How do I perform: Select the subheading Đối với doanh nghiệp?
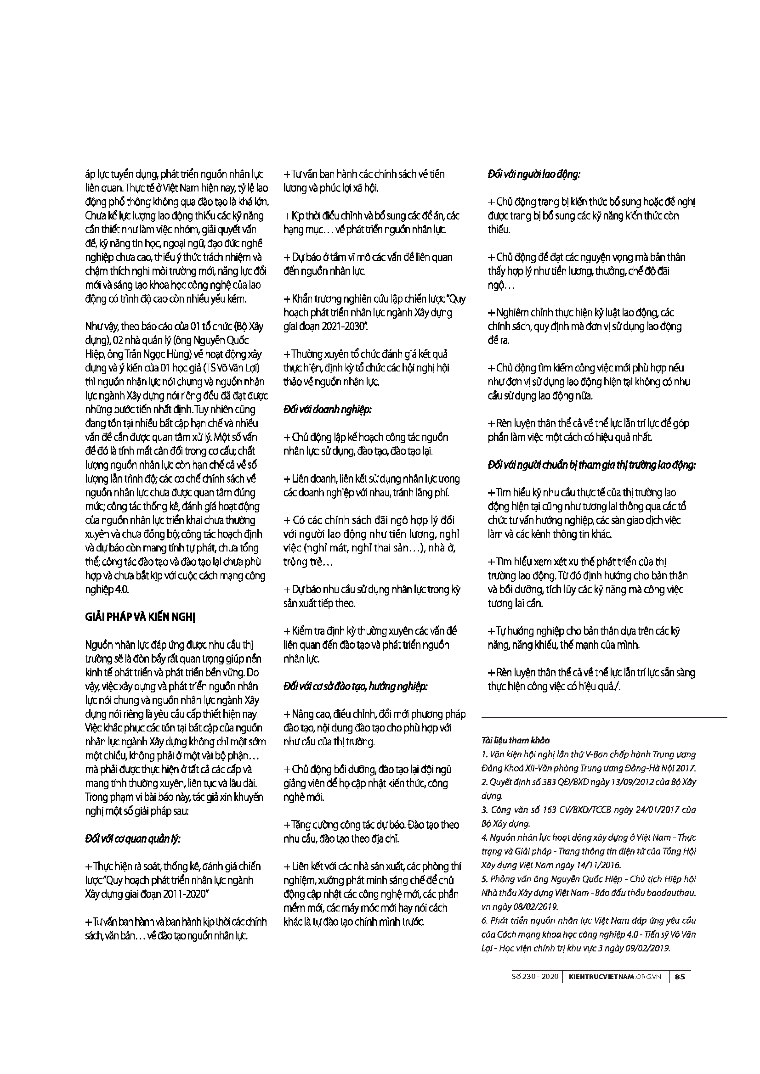328,410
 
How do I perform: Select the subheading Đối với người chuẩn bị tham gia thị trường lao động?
591,466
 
